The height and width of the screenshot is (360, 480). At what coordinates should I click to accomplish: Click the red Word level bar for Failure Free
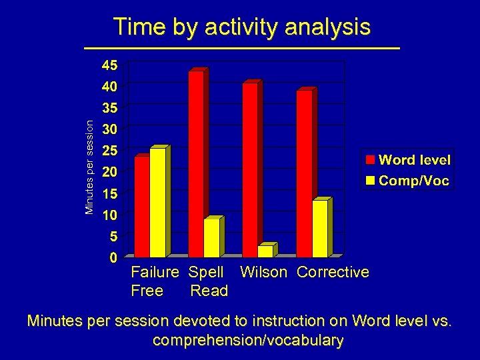(x=142, y=207)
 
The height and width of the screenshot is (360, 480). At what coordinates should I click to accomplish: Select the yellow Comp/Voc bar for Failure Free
(x=158, y=203)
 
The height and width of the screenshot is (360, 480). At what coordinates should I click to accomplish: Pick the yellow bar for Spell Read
(x=212, y=238)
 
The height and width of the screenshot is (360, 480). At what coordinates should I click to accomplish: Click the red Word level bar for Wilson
(x=250, y=170)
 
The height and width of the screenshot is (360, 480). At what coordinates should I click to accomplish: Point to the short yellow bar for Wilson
(x=265, y=251)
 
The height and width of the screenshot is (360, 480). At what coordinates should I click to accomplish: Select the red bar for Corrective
(x=304, y=173)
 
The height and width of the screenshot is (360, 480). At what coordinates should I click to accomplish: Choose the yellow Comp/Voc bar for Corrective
(x=320, y=228)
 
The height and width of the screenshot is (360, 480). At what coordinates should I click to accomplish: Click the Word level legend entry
(x=407, y=160)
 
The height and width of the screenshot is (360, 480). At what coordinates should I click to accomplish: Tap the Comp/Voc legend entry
(x=407, y=180)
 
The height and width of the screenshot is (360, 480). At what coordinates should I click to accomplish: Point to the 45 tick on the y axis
(x=109, y=65)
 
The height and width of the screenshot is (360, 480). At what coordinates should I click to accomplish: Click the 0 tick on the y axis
(x=113, y=257)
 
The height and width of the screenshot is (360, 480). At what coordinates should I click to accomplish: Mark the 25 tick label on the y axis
(x=109, y=150)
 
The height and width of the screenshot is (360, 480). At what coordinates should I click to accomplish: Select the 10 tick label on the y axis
(x=109, y=215)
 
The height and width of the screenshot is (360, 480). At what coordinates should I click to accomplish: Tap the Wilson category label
(x=263, y=272)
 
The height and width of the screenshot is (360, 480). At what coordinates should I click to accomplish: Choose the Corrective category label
(x=333, y=272)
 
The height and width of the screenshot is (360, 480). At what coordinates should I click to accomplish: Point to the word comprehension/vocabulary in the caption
(x=248, y=341)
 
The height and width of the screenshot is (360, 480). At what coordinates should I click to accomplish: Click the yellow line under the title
(x=241, y=49)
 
